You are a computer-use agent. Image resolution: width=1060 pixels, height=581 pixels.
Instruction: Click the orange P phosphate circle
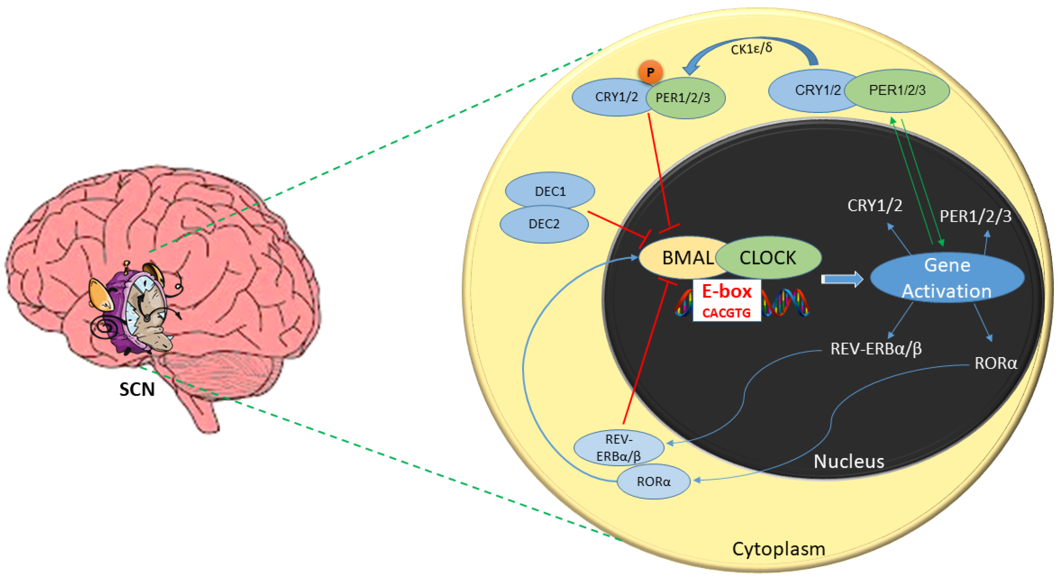650,72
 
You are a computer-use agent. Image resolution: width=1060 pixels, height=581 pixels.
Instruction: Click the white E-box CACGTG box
727,301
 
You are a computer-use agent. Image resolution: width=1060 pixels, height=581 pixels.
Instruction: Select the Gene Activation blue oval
947,278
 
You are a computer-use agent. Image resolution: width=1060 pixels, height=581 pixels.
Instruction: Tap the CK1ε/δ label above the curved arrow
751,49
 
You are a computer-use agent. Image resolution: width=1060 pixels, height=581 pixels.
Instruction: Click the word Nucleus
849,461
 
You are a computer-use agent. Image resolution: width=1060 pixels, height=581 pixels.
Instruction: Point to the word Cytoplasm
779,549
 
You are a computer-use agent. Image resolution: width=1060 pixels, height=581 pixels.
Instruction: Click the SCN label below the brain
137,389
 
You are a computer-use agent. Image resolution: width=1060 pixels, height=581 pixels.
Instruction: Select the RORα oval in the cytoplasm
654,482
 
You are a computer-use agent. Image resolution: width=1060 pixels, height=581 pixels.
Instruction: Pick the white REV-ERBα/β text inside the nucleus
876,349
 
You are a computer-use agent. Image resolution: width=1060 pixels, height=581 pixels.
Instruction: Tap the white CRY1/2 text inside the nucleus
875,205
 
